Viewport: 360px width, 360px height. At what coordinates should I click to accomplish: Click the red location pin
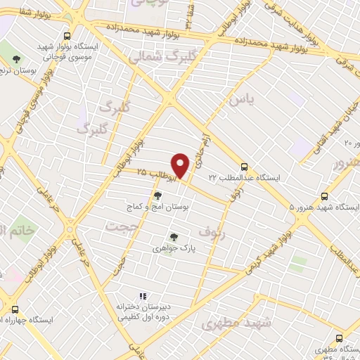point(181,165)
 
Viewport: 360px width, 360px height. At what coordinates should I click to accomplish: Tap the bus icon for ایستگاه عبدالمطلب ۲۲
point(244,167)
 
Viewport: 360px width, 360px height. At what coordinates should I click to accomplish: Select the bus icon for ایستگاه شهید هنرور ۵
point(324,196)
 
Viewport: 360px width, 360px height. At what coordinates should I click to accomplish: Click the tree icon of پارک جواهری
point(173,237)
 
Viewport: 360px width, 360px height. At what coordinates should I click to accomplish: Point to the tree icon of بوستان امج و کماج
point(157,194)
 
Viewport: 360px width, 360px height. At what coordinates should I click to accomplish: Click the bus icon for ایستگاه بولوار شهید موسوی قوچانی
point(67,36)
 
